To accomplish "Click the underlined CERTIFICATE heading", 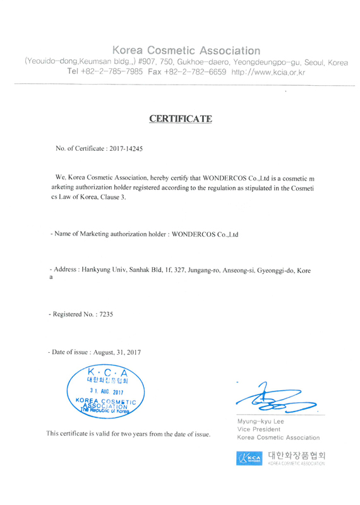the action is click(181, 118).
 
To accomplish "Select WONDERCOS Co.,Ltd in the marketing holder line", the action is click(208, 234).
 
